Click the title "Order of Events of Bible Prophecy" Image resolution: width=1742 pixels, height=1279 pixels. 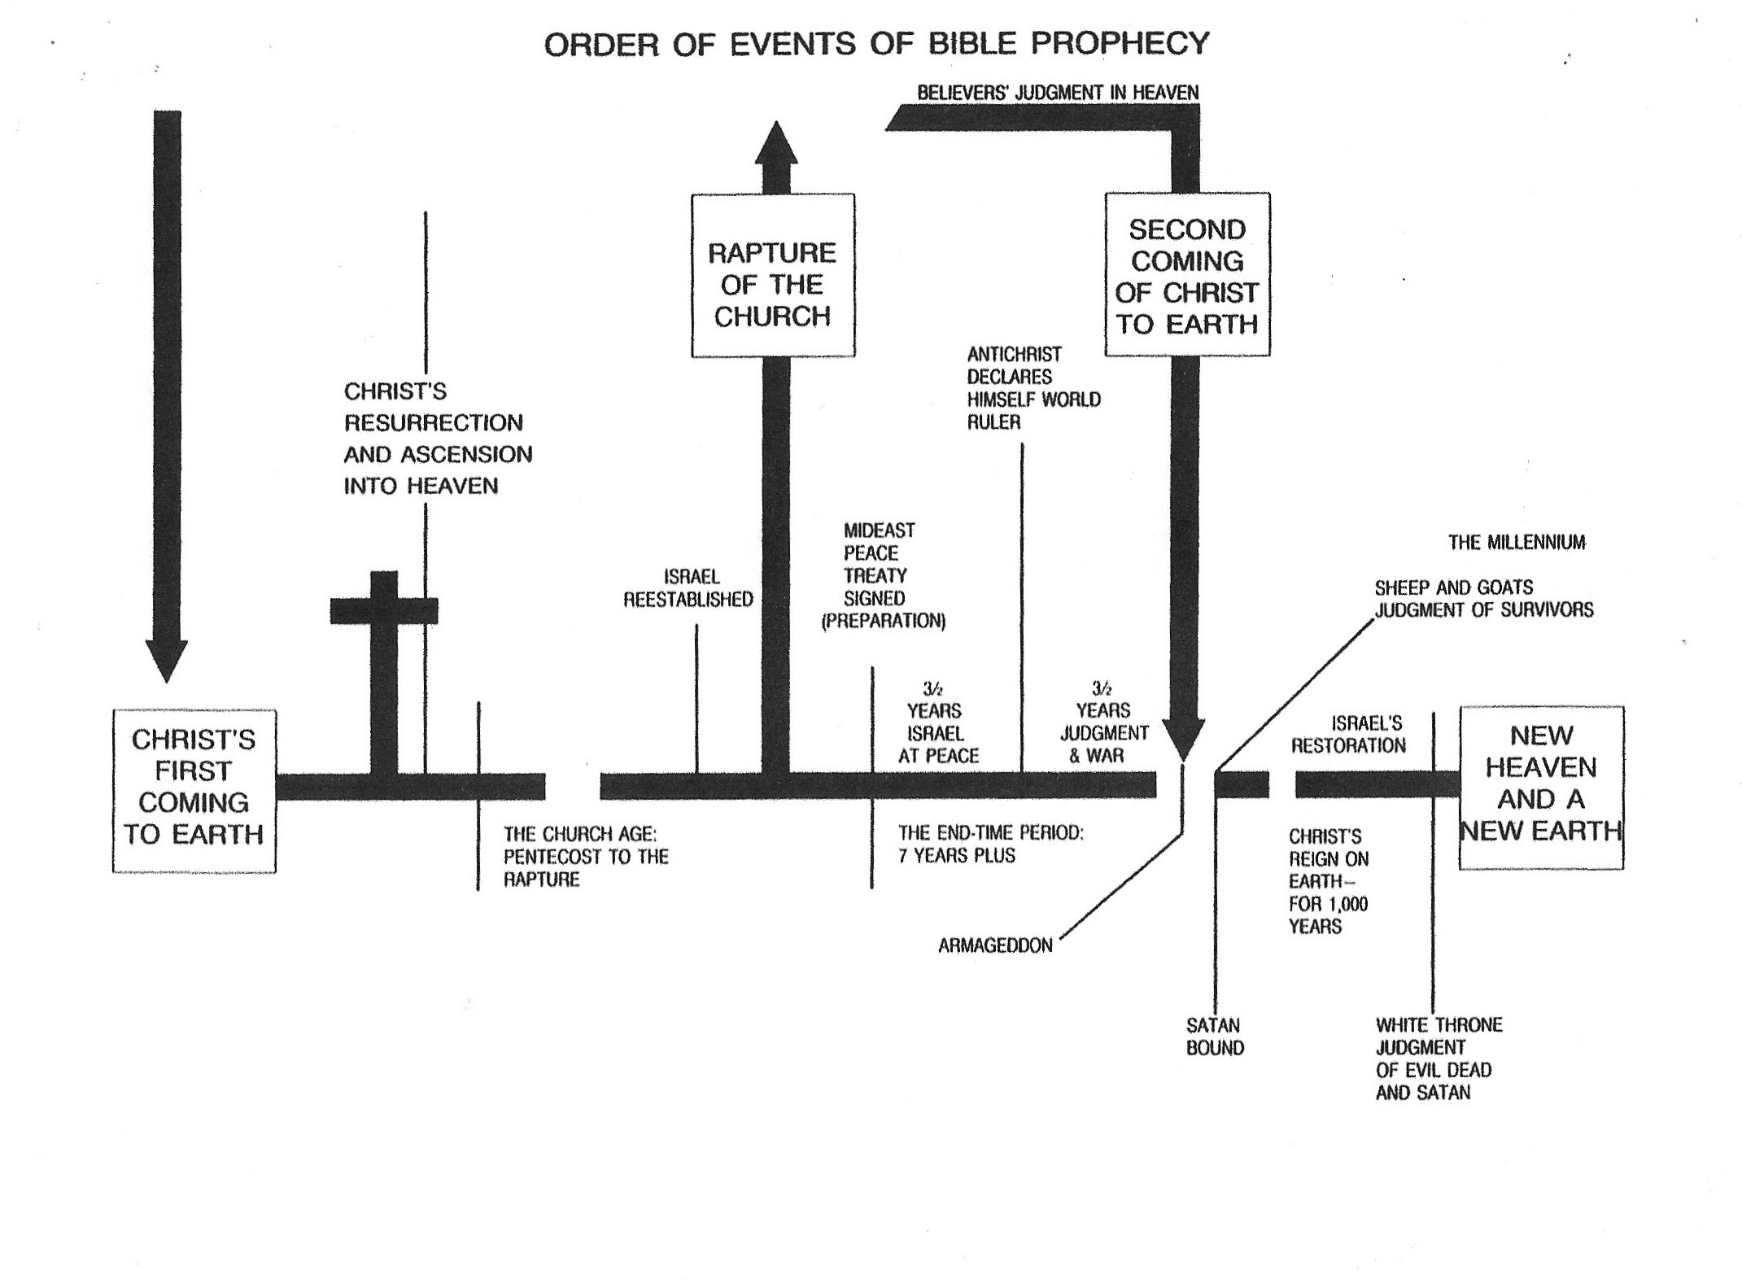pyautogui.click(x=876, y=43)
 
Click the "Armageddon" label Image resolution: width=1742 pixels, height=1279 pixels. pyautogui.click(x=995, y=945)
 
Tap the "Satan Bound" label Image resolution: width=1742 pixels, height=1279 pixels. pyautogui.click(x=1214, y=1037)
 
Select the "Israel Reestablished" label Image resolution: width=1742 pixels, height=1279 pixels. pyautogui.click(x=688, y=588)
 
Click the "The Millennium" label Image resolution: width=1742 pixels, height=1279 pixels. pyautogui.click(x=1517, y=542)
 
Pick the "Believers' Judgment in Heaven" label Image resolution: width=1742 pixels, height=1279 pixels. pyautogui.click(x=1058, y=93)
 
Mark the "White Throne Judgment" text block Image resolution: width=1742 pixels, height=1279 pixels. pyautogui.click(x=1439, y=1059)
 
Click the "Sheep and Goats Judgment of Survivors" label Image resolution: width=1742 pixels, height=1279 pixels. pyautogui.click(x=1483, y=598)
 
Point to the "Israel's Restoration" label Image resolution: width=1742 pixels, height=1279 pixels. pyautogui.click(x=1348, y=734)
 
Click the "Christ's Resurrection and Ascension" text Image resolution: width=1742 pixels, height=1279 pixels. pyautogui.click(x=438, y=438)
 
